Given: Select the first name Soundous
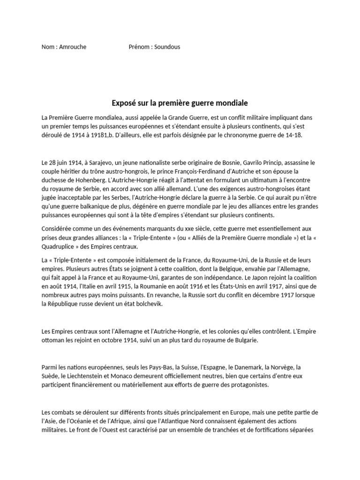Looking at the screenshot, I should [166, 47].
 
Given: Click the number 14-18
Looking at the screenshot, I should [293, 135].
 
